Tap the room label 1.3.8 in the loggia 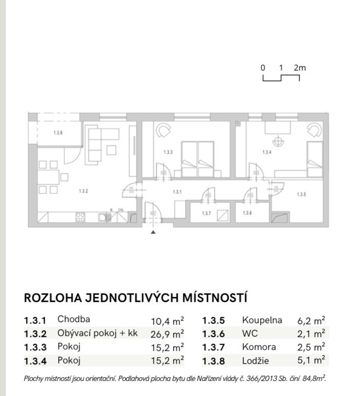tap(58, 133)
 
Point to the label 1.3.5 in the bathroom tap(302, 194)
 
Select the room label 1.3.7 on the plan tap(207, 213)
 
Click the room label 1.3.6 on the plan tap(247, 213)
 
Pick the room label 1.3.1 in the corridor tap(178, 192)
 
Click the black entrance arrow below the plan tap(152, 233)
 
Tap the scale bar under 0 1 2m tap(281, 78)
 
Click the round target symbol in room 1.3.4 tap(279, 140)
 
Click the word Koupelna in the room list tap(262, 320)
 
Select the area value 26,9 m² tap(167, 334)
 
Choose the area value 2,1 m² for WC tap(312, 334)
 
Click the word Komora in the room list tap(259, 347)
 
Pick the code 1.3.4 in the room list tap(36, 361)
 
